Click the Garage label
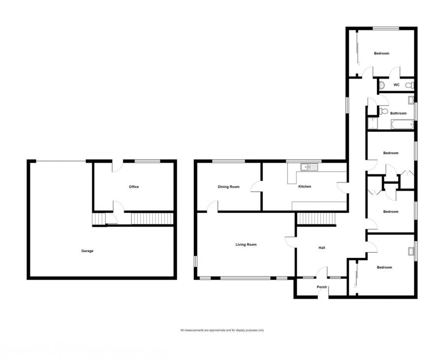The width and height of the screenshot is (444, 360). click(x=87, y=251)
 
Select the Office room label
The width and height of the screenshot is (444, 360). click(x=134, y=187)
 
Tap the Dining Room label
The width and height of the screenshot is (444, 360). click(x=228, y=187)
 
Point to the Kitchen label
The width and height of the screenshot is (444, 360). click(x=304, y=187)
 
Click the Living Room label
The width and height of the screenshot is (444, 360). click(x=246, y=245)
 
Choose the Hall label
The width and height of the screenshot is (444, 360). click(x=322, y=248)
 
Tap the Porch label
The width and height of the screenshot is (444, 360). click(x=322, y=287)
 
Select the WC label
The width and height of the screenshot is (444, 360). click(x=396, y=85)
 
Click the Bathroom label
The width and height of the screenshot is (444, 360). click(x=398, y=113)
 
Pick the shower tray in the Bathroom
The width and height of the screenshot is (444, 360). click(x=372, y=123)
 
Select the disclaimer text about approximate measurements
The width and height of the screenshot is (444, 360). click(x=222, y=330)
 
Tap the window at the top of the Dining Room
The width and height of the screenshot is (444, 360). click(x=228, y=161)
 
